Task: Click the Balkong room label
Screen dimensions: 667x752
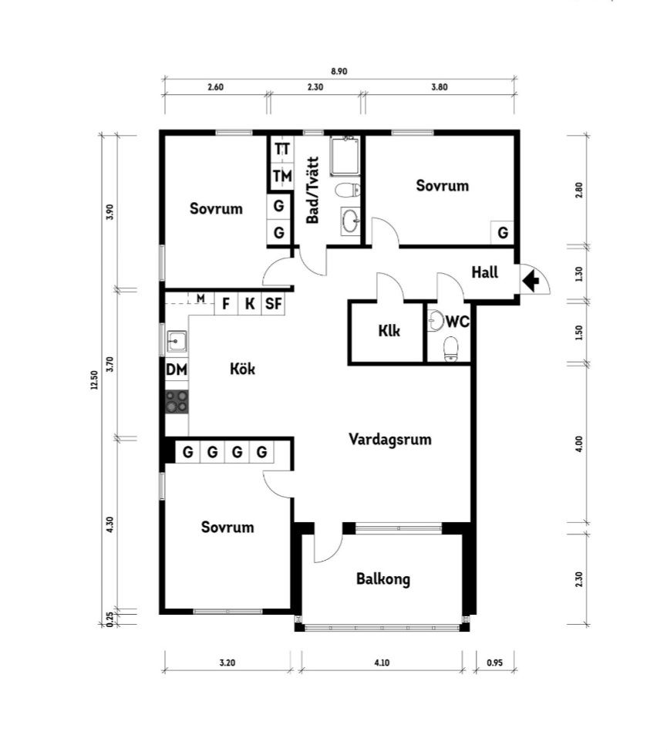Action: [x=382, y=579]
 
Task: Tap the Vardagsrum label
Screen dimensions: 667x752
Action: [x=390, y=440]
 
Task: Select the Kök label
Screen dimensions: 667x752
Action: [x=242, y=369]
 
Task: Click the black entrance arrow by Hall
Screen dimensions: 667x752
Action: [x=530, y=281]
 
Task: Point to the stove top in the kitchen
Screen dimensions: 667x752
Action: [x=177, y=402]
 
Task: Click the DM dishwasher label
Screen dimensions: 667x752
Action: [x=176, y=369]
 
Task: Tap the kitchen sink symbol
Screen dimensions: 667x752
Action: [x=177, y=342]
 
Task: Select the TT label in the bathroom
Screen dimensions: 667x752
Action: [x=282, y=149]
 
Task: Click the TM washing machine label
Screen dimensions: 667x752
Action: [x=282, y=177]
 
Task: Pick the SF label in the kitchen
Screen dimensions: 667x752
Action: [x=273, y=304]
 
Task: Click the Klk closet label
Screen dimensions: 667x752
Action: [x=389, y=331]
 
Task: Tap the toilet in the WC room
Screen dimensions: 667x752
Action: [x=450, y=349]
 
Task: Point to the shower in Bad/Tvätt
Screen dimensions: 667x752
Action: [x=344, y=155]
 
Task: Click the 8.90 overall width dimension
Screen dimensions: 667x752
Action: [x=339, y=72]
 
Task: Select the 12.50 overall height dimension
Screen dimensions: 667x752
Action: [x=94, y=379]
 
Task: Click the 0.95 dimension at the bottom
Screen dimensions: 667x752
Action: [x=494, y=663]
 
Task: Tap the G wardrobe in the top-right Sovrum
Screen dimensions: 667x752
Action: [x=503, y=233]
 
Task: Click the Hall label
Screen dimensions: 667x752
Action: [x=484, y=272]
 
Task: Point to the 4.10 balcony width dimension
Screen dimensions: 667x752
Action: [x=382, y=663]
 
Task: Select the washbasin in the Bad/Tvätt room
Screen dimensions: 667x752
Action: [x=351, y=221]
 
